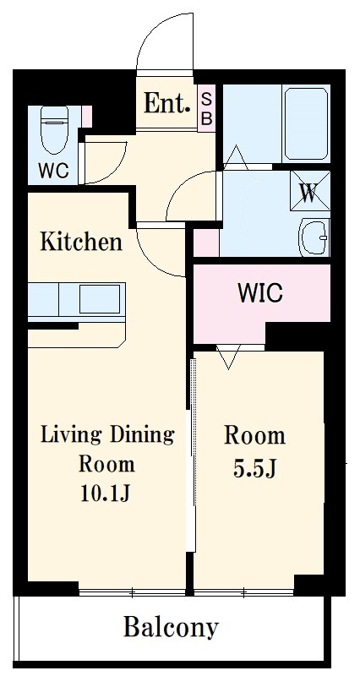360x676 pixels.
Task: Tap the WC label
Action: click(x=53, y=172)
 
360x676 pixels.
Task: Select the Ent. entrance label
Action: click(x=167, y=103)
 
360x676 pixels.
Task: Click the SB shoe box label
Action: click(x=207, y=109)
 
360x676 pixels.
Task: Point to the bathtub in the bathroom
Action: click(x=306, y=123)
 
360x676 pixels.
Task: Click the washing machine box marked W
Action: click(x=310, y=191)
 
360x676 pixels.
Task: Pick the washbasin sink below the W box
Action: click(x=314, y=237)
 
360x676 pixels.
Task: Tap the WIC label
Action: click(x=260, y=293)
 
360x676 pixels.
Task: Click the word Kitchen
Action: click(x=81, y=242)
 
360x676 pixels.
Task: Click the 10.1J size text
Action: click(x=105, y=493)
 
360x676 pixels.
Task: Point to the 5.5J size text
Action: click(x=254, y=469)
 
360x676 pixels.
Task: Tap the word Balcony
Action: click(x=172, y=628)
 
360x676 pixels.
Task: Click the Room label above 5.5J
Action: click(x=254, y=436)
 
